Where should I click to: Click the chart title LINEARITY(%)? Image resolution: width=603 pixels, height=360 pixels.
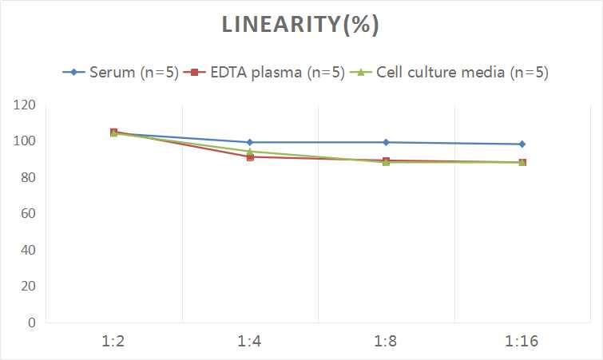point(300,25)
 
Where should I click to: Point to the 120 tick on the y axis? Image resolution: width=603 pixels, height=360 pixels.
point(25,105)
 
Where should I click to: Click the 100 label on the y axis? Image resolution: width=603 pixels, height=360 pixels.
point(25,141)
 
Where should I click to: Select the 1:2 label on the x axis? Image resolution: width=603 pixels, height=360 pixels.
point(114,342)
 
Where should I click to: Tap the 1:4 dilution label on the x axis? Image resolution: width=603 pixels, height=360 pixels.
point(250,342)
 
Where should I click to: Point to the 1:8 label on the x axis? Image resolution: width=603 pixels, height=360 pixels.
point(387,342)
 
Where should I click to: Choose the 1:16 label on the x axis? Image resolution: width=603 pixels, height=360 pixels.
point(522,342)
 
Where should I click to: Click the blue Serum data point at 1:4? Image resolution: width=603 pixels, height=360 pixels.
point(250,142)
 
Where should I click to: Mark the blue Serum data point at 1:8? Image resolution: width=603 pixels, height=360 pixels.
point(387,142)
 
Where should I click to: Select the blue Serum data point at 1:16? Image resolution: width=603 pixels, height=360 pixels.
point(522,144)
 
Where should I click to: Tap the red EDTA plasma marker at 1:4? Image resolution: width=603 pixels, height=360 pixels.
point(250,157)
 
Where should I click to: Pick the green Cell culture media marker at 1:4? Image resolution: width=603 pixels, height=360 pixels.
point(250,151)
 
